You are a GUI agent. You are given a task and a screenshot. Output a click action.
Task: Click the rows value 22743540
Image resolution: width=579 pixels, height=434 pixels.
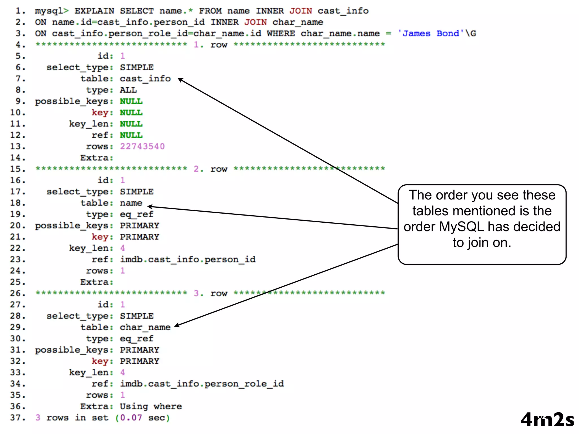click(x=142, y=146)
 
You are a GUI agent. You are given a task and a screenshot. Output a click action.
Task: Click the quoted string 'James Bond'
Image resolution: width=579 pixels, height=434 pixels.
click(x=431, y=33)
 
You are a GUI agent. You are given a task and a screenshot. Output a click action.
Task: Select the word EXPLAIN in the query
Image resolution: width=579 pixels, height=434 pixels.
click(x=94, y=11)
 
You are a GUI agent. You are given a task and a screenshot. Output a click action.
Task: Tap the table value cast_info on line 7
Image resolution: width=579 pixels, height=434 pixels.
click(x=145, y=79)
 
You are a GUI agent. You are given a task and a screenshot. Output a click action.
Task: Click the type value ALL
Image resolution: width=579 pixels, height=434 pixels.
click(x=128, y=90)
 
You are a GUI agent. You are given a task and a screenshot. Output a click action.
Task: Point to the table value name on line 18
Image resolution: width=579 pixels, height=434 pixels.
click(x=131, y=203)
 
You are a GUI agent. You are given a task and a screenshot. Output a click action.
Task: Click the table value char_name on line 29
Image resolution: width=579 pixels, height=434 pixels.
click(x=145, y=327)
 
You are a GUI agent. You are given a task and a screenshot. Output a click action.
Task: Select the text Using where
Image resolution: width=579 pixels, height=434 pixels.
click(x=151, y=406)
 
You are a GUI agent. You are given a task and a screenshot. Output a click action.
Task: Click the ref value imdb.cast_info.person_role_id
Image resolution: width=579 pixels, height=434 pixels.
click(x=202, y=384)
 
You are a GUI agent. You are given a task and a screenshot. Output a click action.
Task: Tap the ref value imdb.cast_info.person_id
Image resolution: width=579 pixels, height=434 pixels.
click(x=187, y=259)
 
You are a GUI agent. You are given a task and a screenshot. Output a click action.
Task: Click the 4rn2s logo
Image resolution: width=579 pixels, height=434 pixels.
click(x=547, y=420)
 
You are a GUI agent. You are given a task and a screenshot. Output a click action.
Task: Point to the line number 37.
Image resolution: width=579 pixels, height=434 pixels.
click(x=18, y=418)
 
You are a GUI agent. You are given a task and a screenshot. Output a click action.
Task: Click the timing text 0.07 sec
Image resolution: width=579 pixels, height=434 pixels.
click(x=142, y=418)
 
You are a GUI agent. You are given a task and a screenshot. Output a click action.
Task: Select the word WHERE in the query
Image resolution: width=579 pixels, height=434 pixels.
click(x=281, y=33)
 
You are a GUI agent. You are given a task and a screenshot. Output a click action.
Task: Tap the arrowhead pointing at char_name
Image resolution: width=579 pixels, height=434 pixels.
click(x=177, y=326)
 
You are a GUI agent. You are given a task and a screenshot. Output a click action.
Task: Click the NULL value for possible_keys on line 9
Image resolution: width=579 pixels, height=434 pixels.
click(x=131, y=101)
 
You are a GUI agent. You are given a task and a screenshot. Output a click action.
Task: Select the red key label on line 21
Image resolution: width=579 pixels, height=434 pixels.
click(x=100, y=237)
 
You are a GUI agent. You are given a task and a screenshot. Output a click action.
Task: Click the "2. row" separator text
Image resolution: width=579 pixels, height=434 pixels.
click(x=210, y=169)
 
